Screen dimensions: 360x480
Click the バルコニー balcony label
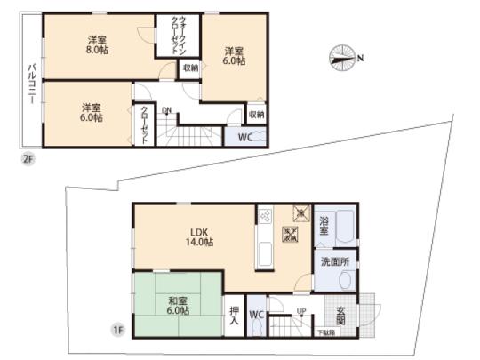click(x=31, y=85)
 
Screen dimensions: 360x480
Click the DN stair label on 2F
click(x=167, y=110)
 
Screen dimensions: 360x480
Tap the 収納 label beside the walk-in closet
click(x=190, y=68)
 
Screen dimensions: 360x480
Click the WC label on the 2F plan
click(x=244, y=137)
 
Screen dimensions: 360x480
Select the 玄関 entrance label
click(x=342, y=316)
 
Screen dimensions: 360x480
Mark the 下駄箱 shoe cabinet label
click(x=328, y=332)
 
